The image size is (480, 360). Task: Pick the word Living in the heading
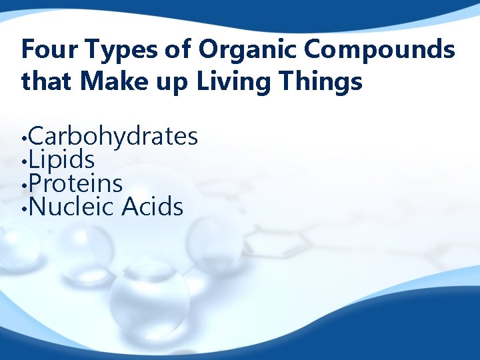click(x=227, y=83)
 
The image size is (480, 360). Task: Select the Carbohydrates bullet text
click(x=113, y=137)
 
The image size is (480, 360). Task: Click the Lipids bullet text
click(x=62, y=160)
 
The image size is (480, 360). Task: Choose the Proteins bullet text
click(x=76, y=183)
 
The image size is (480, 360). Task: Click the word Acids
click(x=152, y=207)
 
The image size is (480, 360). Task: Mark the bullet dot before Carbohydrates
click(x=24, y=140)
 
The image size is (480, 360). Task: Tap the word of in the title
click(x=183, y=49)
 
